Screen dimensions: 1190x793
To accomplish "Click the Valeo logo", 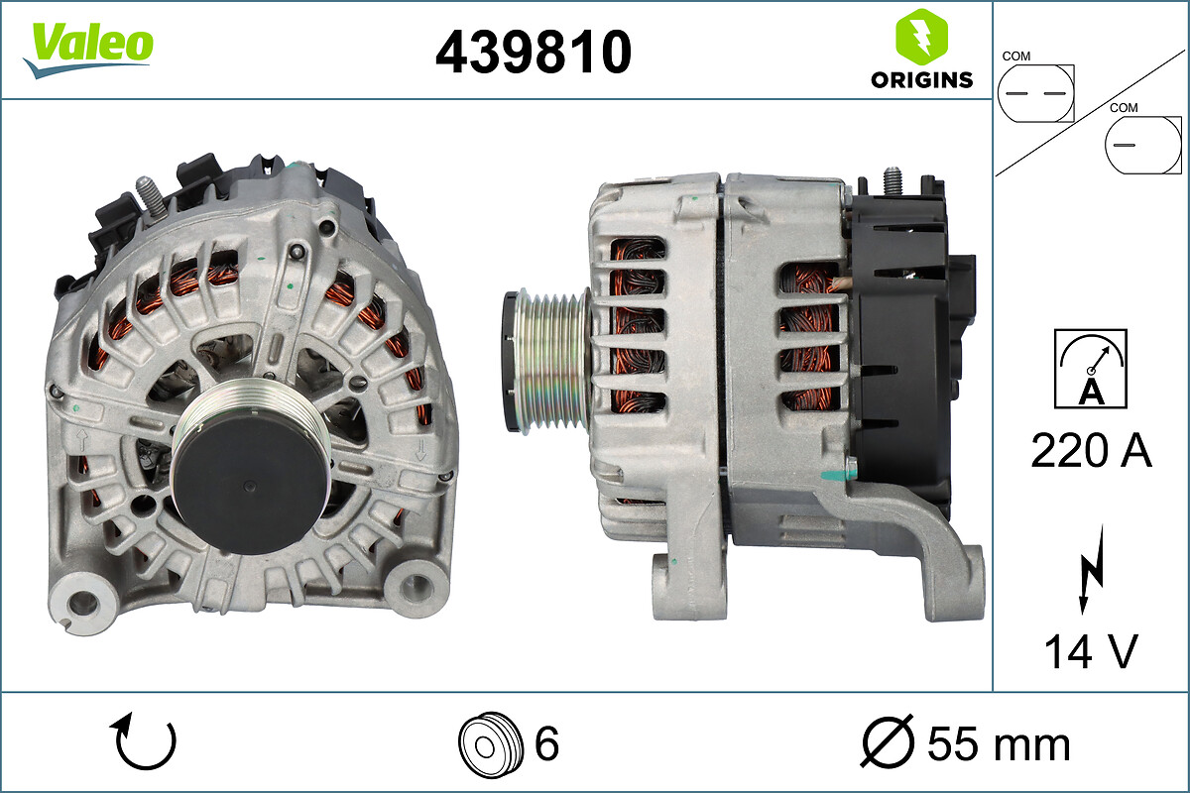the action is [x=88, y=50].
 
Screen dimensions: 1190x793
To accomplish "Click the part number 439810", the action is [x=534, y=52].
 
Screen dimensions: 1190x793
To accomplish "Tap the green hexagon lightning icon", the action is [x=921, y=37].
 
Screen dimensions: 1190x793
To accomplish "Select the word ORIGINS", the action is [x=921, y=80].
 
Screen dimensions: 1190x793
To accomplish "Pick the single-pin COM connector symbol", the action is [x=1142, y=145].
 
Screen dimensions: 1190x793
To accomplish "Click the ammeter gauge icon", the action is [x=1091, y=369].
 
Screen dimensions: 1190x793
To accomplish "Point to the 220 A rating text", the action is [x=1091, y=450].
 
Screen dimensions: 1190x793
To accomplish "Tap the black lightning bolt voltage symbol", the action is [x=1091, y=569].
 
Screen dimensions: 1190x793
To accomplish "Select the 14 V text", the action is [x=1091, y=651].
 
